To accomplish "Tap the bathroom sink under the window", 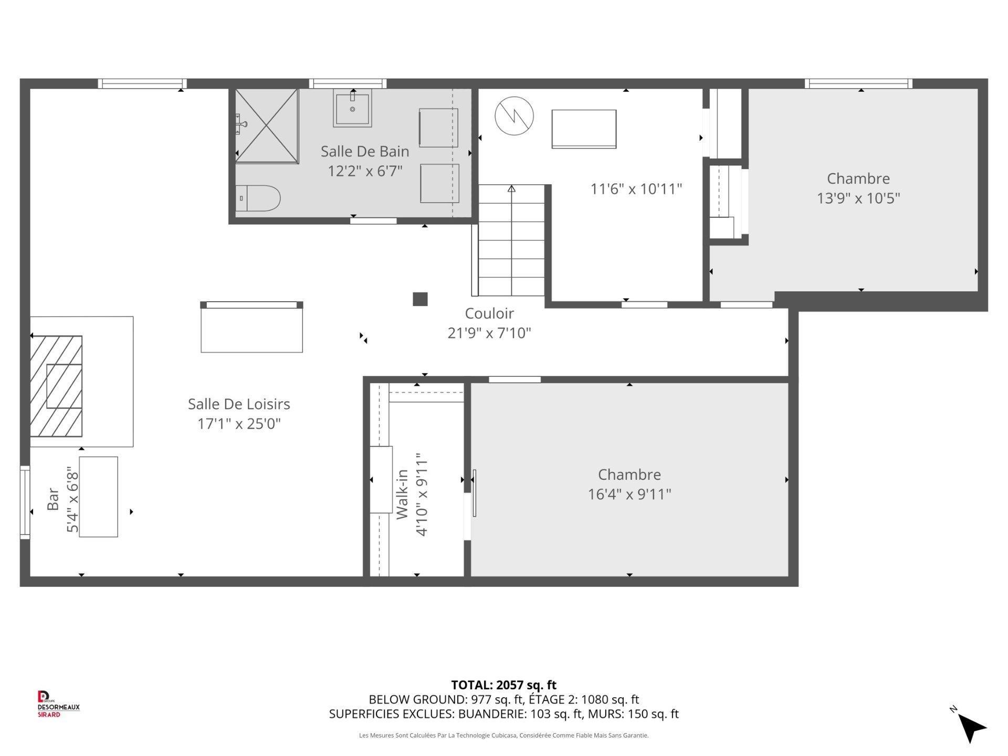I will (x=352, y=108).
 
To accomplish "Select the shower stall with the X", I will (x=267, y=126).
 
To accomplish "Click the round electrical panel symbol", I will (x=514, y=116).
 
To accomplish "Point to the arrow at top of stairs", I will (x=511, y=188).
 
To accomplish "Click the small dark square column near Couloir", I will (x=420, y=299).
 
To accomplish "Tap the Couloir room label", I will (x=489, y=313).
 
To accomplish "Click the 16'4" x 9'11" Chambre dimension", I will (x=629, y=494).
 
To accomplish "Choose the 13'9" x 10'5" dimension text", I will (x=858, y=198).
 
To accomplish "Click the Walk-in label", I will (x=402, y=495).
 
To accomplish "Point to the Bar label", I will (x=53, y=499).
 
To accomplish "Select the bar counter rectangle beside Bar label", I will (x=98, y=497).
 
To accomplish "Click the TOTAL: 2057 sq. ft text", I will (x=503, y=685).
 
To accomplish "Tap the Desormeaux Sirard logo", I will (x=58, y=703).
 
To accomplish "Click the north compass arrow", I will (x=971, y=726).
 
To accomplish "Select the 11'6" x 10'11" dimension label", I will (x=636, y=189).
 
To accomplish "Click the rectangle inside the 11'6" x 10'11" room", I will (x=584, y=129).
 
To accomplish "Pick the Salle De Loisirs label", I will (x=239, y=404).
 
